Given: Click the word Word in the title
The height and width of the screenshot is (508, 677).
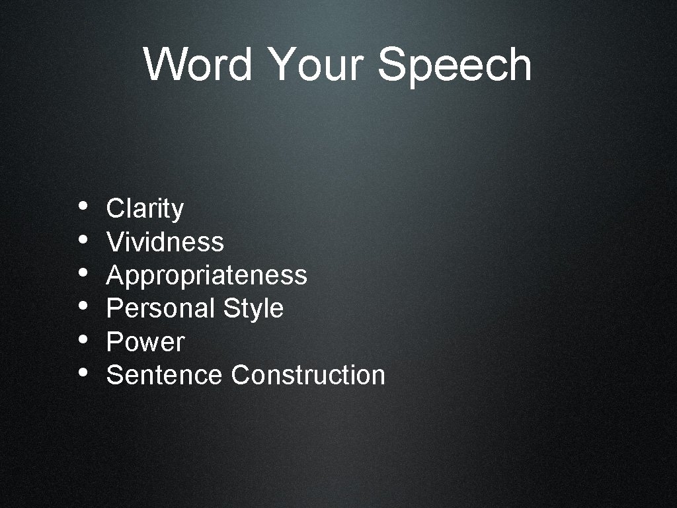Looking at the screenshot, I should [x=198, y=65].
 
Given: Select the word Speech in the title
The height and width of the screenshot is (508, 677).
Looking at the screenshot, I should [x=455, y=66].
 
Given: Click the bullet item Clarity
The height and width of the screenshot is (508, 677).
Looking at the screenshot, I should [x=145, y=208].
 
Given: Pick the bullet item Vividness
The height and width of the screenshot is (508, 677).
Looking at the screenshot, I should [x=165, y=242].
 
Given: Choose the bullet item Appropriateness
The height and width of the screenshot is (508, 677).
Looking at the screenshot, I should [x=206, y=275].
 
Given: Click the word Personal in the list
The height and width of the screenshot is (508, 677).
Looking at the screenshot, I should [x=161, y=308].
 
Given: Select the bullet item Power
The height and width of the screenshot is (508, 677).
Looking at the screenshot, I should [x=145, y=342].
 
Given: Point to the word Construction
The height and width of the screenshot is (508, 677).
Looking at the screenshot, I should [x=308, y=375].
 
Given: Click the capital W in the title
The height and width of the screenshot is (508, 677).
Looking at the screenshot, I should [x=163, y=65].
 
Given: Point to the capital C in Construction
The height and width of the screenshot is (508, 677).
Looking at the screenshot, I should [x=239, y=375].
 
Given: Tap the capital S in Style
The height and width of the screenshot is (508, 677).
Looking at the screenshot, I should [x=231, y=308].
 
